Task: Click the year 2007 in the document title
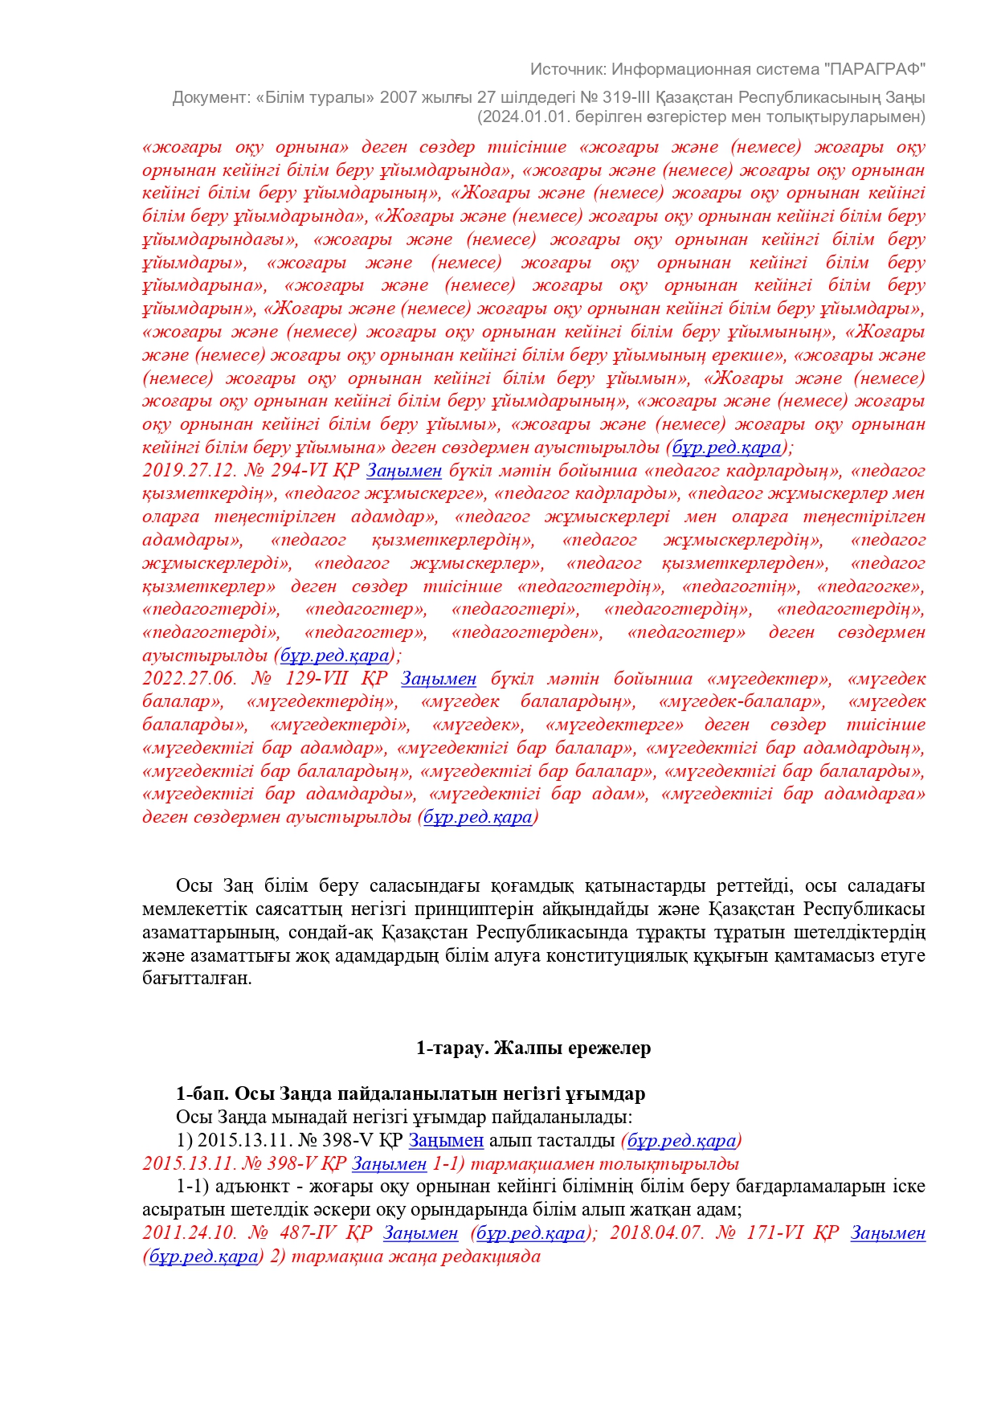tap(398, 97)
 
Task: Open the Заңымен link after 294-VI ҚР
tap(404, 471)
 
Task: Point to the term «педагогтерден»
tap(527, 633)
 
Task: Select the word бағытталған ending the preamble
tap(197, 979)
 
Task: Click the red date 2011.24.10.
tap(190, 1233)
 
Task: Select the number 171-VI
tap(770, 1233)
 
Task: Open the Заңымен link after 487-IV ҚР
tap(420, 1233)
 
